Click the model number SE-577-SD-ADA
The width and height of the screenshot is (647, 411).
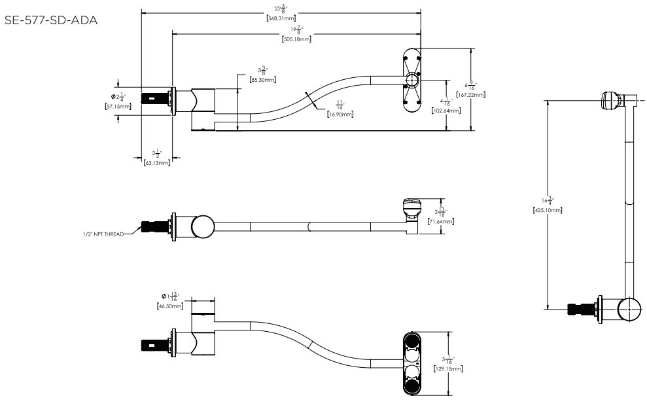tap(51, 20)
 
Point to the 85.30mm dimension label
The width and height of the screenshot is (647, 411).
tap(262, 80)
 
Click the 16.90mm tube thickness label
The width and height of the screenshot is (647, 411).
tap(340, 114)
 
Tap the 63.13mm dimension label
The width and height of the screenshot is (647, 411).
tap(157, 163)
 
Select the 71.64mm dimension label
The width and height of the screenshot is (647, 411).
tap(442, 222)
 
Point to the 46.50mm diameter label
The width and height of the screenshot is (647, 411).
tap(169, 306)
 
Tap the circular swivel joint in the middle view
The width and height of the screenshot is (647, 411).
tap(202, 226)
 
